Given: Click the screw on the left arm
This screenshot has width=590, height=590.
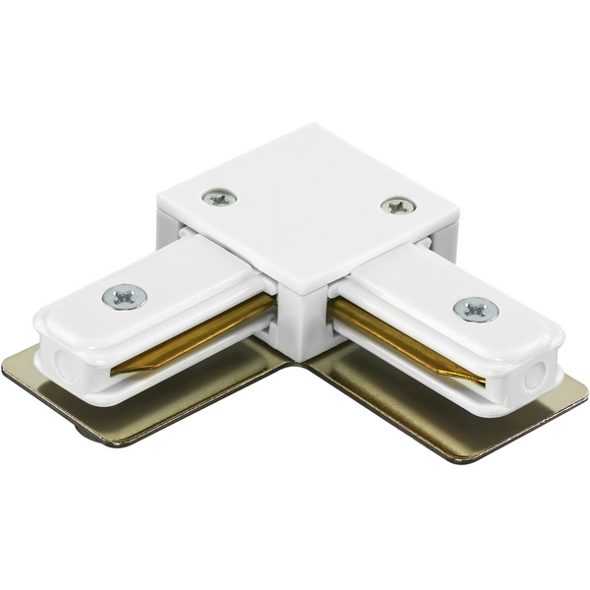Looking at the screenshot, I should [125, 295].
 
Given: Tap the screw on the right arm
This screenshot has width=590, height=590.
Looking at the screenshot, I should [475, 309].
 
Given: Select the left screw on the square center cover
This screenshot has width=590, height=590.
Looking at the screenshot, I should [219, 197].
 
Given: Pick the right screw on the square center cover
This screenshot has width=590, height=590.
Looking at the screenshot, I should [398, 206].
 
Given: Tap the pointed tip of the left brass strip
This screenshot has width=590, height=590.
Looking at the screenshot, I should [116, 372].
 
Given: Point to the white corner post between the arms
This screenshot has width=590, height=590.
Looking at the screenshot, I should [300, 324].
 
